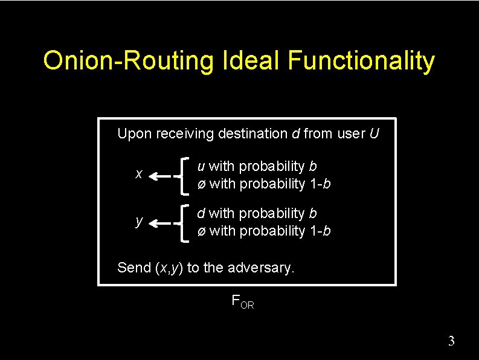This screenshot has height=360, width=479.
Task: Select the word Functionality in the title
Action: coord(361,61)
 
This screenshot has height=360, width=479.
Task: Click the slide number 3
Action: coord(451,341)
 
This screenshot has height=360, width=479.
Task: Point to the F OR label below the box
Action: coord(243,301)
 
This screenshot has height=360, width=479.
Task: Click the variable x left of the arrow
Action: coord(139,175)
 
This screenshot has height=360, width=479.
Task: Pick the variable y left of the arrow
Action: coord(139,222)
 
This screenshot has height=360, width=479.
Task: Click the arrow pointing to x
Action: coord(162,176)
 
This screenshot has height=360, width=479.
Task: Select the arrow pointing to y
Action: coord(162,223)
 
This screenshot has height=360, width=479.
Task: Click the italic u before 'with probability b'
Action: coord(201,166)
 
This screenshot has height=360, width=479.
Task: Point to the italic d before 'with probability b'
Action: coord(201,213)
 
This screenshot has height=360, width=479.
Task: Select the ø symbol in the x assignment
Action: coord(201,184)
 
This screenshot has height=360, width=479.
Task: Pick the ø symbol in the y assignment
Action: coord(201,231)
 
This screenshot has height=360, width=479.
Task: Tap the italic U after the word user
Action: coord(374,133)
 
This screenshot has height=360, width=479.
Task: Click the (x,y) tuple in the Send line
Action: coord(169,268)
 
